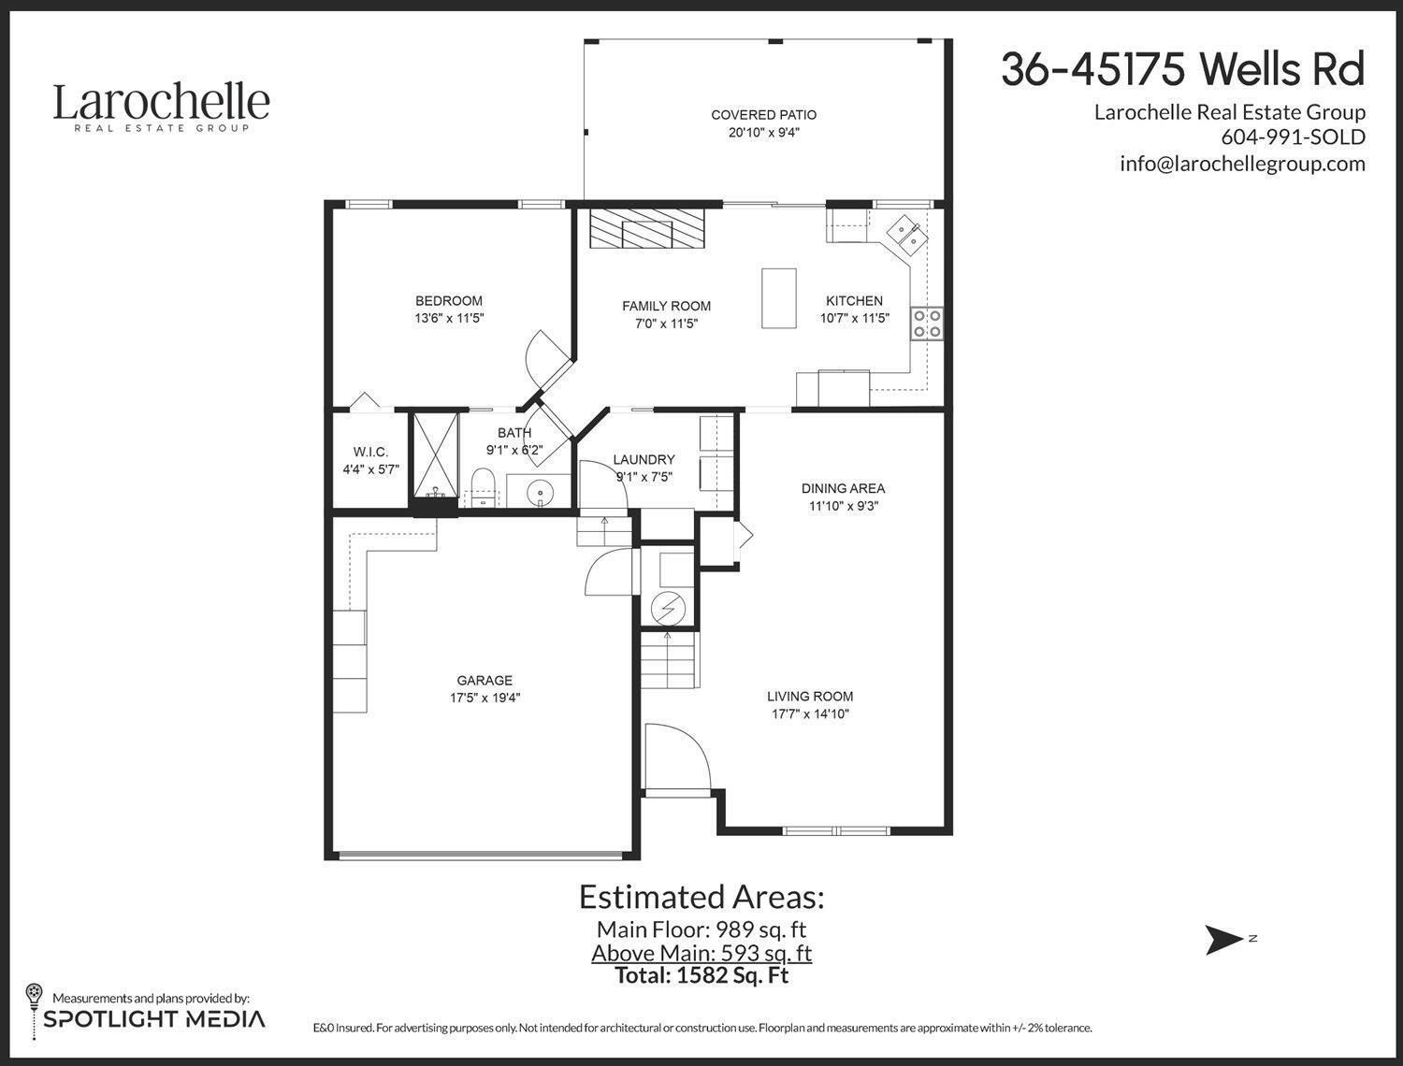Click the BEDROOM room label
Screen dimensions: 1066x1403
tap(449, 301)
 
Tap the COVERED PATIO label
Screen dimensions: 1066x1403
tap(763, 115)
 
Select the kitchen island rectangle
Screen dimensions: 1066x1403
tap(778, 298)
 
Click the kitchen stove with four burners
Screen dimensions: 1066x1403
tap(927, 324)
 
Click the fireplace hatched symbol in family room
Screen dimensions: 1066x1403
tap(647, 228)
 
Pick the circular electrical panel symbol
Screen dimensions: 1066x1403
tap(668, 609)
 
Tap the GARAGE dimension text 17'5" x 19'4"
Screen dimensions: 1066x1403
tap(485, 698)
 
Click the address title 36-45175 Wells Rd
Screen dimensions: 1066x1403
tap(1182, 69)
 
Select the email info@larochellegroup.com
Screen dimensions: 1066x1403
tap(1242, 164)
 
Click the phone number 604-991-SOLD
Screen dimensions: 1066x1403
tap(1293, 137)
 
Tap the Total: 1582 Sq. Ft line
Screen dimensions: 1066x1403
tap(701, 975)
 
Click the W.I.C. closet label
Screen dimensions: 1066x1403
tap(370, 453)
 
